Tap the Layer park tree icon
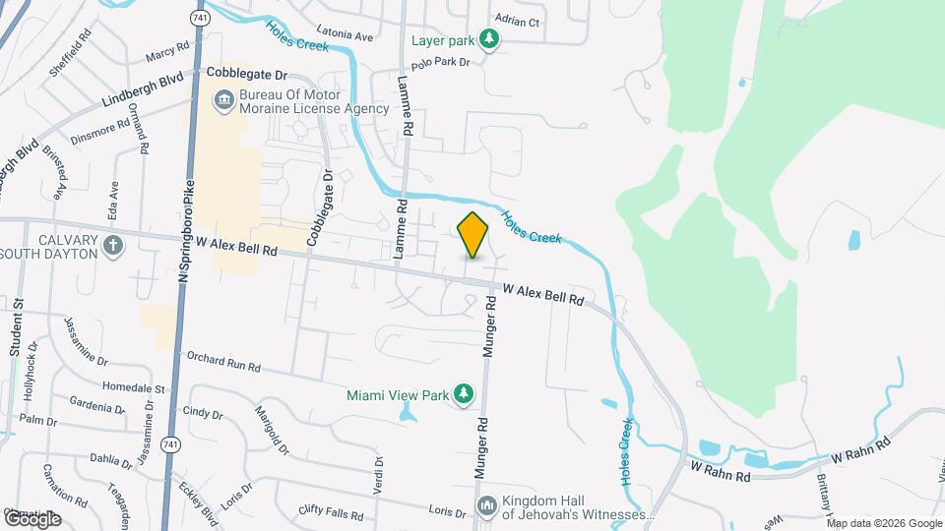488,40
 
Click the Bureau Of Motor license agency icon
223,99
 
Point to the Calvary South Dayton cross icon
114,246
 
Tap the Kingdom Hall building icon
487,505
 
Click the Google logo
31,518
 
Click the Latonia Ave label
345,36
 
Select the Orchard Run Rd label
222,363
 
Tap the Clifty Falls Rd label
331,512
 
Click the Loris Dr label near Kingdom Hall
447,512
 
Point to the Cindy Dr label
203,415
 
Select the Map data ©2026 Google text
884,523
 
